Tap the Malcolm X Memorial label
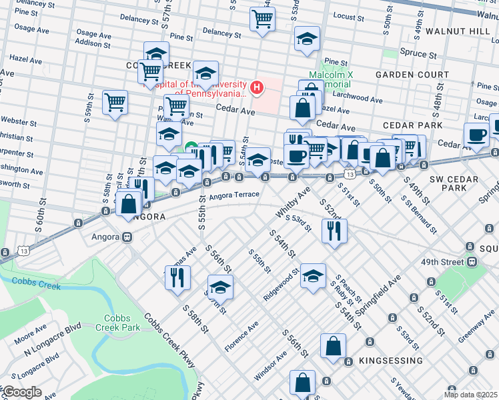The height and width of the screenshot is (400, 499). click(329, 80)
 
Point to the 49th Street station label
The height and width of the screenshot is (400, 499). click(444, 262)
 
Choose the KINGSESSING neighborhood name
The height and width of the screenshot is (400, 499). click(390, 361)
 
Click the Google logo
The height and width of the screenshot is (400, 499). click(22, 391)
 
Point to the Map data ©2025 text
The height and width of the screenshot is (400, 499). click(470, 395)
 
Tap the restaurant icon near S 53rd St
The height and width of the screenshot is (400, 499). click(332, 231)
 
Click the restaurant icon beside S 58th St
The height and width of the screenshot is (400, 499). click(177, 277)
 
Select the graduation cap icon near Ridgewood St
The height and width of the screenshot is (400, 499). click(312, 276)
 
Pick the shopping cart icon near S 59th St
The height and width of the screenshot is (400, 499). click(115, 103)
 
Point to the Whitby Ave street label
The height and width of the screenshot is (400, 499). click(294, 201)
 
